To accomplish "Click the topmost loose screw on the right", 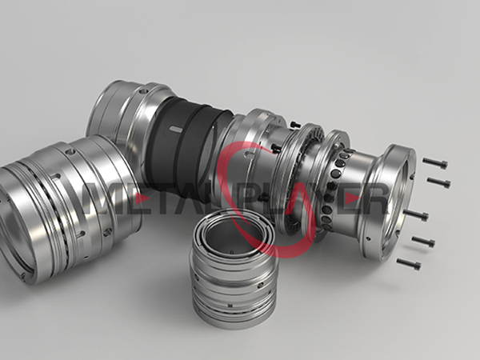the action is [435, 163].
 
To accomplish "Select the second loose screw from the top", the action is [438, 182].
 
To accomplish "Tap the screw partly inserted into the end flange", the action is [416, 215].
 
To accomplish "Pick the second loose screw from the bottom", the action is [423, 241].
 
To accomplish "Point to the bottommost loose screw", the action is [409, 264].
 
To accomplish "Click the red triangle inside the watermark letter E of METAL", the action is [142, 199].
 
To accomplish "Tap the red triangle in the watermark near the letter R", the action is [352, 199].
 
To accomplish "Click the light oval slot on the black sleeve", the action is [176, 129].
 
